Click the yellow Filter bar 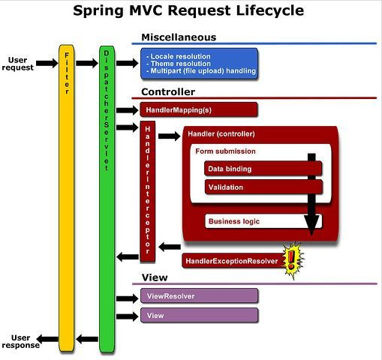(x=67, y=198)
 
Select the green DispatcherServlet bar (x=107, y=199)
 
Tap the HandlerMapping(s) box (x=199, y=109)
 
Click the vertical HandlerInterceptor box (x=148, y=191)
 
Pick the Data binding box (x=263, y=168)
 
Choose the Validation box (x=263, y=187)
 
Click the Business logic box (x=263, y=221)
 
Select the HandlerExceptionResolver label (x=232, y=261)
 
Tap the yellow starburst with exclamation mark (x=293, y=260)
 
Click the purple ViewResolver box (x=199, y=295)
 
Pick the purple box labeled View (x=199, y=315)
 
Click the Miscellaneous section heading (x=179, y=37)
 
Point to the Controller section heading (x=168, y=91)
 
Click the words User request (x=18, y=64)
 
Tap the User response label (x=21, y=341)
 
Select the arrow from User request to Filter (x=47, y=63)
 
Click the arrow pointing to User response (x=47, y=339)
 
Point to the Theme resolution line (x=179, y=64)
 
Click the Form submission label (x=225, y=151)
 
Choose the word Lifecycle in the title (x=270, y=10)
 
